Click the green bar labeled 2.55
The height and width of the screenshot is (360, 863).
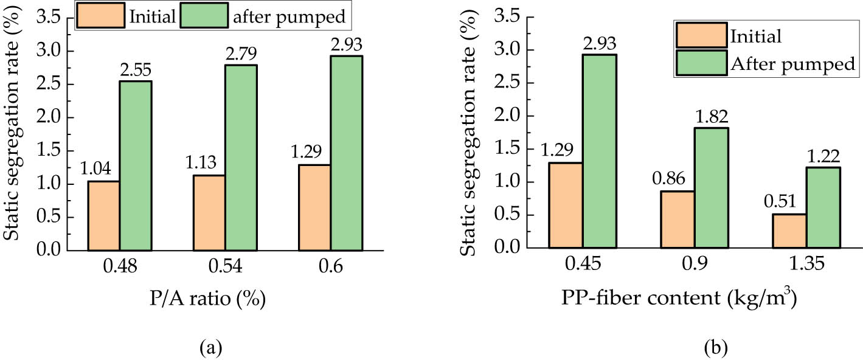135,165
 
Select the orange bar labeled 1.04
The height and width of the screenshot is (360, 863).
103,216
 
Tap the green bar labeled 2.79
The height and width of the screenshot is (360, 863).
241,157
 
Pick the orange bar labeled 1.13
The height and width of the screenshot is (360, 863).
209,213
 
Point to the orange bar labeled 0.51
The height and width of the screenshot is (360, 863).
789,231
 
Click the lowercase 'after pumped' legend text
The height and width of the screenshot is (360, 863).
289,17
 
